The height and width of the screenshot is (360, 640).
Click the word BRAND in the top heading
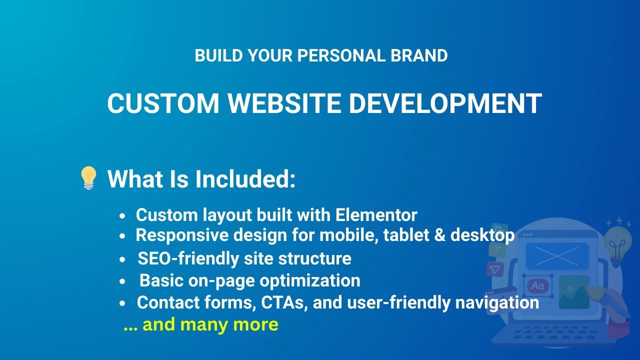coord(419,55)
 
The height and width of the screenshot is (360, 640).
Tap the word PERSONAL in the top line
coord(341,55)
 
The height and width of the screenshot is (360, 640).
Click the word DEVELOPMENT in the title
coord(445,103)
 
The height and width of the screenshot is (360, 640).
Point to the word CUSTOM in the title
coord(163,103)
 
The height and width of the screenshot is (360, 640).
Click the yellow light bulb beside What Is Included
coord(88,177)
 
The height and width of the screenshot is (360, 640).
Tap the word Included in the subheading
coord(245,179)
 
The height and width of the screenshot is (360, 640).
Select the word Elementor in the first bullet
coord(376,215)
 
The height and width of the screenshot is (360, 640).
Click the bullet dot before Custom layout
coord(122,216)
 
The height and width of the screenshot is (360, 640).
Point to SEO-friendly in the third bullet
coord(188,258)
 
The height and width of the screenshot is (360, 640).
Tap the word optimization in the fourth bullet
coord(310,280)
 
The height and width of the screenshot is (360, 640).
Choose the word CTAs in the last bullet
coord(284,302)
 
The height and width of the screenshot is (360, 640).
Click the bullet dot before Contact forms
coord(122,303)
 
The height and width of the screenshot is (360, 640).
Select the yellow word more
coord(255,325)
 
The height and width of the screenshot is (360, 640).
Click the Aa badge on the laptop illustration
coord(537,285)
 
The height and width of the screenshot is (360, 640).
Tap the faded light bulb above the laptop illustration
coord(617,243)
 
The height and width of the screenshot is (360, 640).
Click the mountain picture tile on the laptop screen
coord(573,292)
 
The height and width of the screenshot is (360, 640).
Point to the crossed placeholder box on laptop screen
coord(557,256)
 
